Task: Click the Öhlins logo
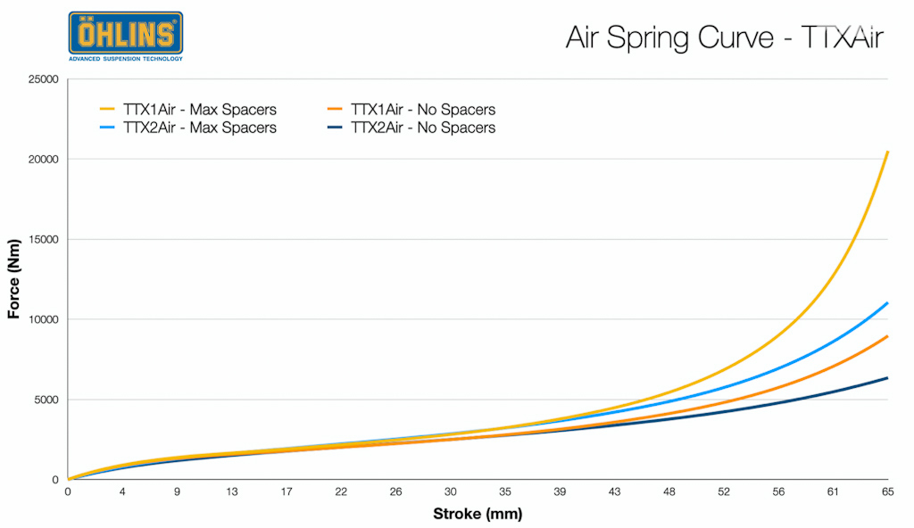tap(125, 36)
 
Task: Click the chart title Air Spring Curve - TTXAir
tap(724, 37)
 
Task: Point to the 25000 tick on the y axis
tap(42, 79)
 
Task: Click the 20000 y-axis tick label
tap(42, 160)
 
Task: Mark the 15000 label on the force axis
tap(42, 239)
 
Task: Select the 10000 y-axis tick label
tap(42, 319)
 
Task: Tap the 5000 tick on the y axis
tap(45, 400)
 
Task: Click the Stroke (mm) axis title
tap(478, 514)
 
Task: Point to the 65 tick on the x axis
tap(887, 491)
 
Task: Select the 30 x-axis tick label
tap(451, 491)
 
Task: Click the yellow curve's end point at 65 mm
tap(886, 153)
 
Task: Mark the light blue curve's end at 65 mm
tap(886, 303)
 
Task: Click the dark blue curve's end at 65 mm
tap(886, 378)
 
